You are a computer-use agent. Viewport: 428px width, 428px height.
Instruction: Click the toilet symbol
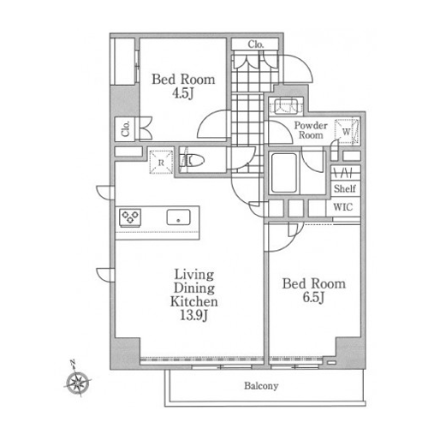pos(193,161)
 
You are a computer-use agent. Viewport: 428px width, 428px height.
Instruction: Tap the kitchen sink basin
pos(178,217)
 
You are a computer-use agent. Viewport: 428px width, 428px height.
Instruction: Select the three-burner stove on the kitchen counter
pos(130,217)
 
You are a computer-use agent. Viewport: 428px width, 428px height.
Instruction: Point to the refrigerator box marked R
pos(161,162)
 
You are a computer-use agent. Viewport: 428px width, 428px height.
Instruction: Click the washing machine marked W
pos(347,132)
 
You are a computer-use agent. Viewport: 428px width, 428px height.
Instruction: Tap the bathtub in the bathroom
pos(284,173)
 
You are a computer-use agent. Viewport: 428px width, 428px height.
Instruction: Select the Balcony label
pos(261,386)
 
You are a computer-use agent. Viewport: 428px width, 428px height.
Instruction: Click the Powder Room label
pos(311,130)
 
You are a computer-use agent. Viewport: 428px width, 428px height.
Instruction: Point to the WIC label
pos(343,207)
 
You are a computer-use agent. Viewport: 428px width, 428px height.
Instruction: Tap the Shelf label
pos(345,188)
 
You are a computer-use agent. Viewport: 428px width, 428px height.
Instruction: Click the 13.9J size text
pos(193,316)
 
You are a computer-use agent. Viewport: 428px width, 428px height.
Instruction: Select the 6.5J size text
pos(313,298)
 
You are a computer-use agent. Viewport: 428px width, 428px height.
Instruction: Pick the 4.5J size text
pos(182,93)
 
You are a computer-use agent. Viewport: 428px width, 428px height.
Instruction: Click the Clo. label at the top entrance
pos(256,45)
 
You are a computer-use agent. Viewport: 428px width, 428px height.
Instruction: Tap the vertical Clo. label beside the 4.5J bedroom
pos(125,129)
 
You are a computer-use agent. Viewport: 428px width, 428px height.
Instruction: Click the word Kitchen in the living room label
pos(194,302)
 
